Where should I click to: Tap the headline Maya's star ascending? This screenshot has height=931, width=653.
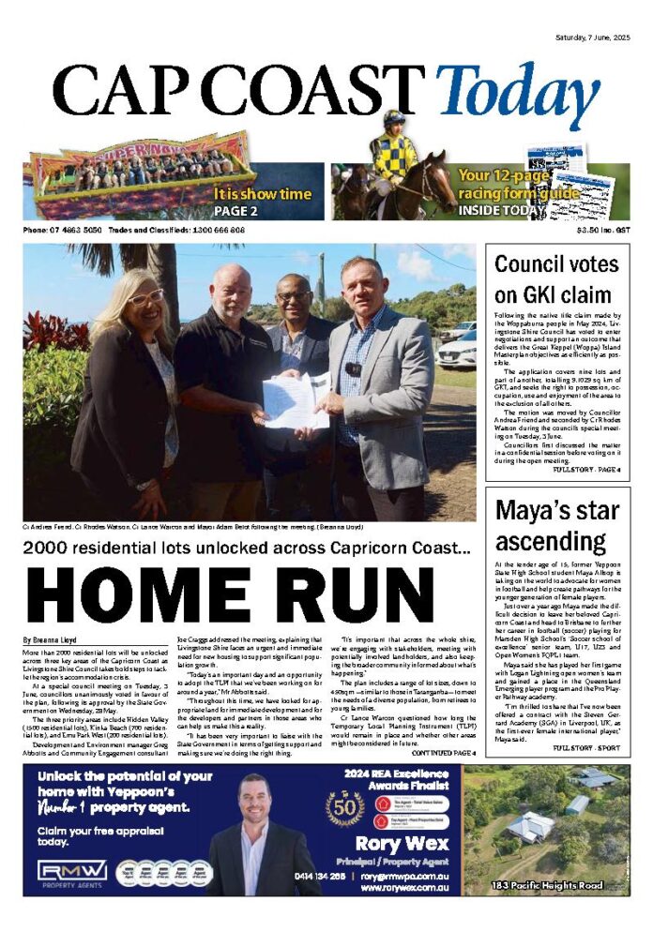[556, 526]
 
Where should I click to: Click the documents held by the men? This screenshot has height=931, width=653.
[297, 400]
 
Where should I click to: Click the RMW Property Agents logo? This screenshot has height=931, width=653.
[73, 872]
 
